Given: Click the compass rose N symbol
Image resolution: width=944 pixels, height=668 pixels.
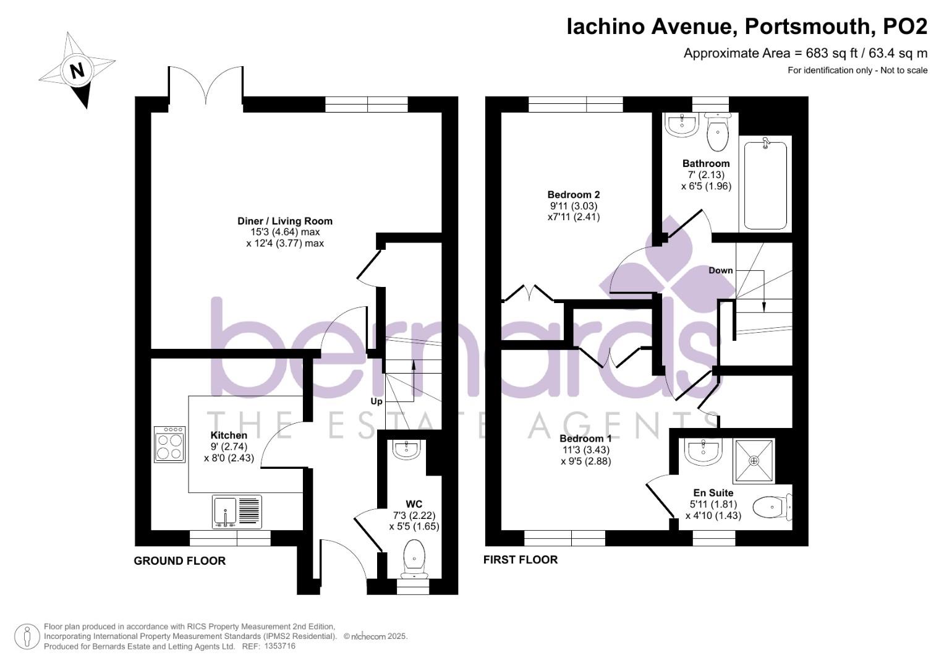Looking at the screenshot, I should [77, 69].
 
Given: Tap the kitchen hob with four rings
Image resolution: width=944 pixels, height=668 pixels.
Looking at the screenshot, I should [170, 443].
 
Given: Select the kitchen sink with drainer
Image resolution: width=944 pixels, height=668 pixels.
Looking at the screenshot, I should [237, 511].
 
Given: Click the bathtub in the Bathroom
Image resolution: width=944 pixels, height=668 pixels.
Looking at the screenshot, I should [765, 185].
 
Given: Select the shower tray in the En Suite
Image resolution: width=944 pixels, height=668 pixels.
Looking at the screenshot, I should [754, 461].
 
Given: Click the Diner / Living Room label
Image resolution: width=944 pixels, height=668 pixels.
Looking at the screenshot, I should [285, 221].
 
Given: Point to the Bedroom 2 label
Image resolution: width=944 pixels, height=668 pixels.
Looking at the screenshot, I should [573, 195].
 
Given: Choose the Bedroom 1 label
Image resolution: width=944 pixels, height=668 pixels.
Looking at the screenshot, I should [585, 439].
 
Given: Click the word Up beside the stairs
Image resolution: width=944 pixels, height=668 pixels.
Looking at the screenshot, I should [376, 401].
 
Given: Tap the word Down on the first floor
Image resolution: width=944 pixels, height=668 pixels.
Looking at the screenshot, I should [720, 270].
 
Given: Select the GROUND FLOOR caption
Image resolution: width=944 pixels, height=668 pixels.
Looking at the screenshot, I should [180, 561].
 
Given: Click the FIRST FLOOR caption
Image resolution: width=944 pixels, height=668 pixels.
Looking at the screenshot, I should [521, 560].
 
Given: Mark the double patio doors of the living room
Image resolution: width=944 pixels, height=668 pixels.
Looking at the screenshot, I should [206, 87].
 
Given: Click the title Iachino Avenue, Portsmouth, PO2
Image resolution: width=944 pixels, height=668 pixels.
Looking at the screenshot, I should [747, 27].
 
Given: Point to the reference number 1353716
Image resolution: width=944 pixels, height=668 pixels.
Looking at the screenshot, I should [279, 646].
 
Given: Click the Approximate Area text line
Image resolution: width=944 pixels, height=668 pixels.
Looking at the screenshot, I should [805, 53].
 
